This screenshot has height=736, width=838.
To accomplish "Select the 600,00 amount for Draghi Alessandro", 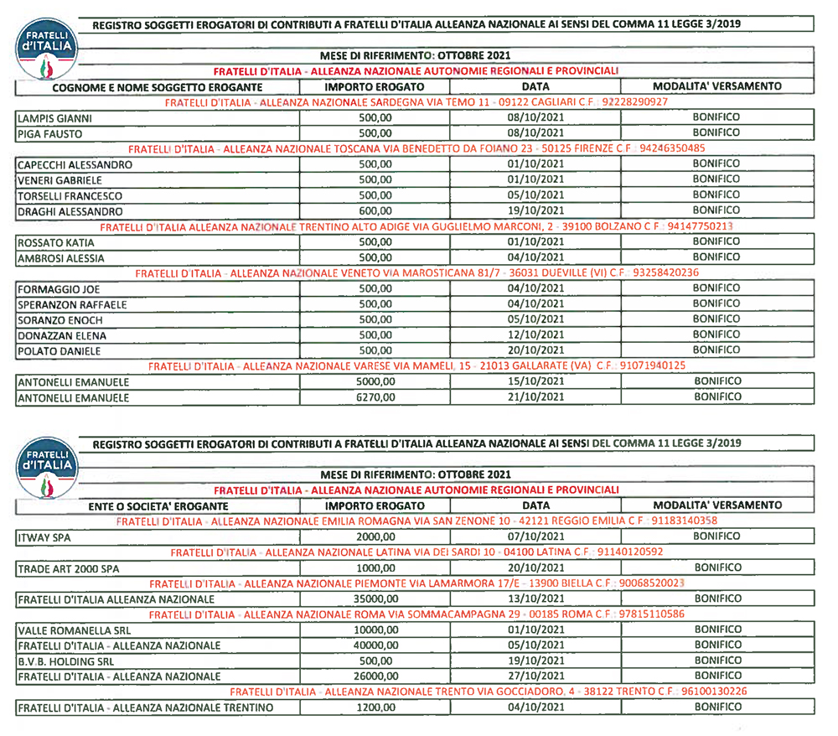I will pos(375,211).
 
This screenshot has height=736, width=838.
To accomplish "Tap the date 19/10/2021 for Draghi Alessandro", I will pos(536,210).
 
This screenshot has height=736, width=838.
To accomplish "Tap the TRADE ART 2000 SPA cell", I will pos(68,568).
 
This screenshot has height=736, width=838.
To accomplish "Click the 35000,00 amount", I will pos(375,599).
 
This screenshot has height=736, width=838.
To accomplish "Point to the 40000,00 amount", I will pos(375,645).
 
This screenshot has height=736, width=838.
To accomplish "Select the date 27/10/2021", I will pos(536,676).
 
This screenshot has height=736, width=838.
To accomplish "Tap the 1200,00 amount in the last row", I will pos(375,707).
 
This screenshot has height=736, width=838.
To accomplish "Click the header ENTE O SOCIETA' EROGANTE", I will pos(158,506).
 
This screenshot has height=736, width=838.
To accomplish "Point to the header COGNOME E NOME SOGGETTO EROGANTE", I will pos(158,87).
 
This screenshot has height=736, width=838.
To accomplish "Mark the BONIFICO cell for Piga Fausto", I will pos(716,132).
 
